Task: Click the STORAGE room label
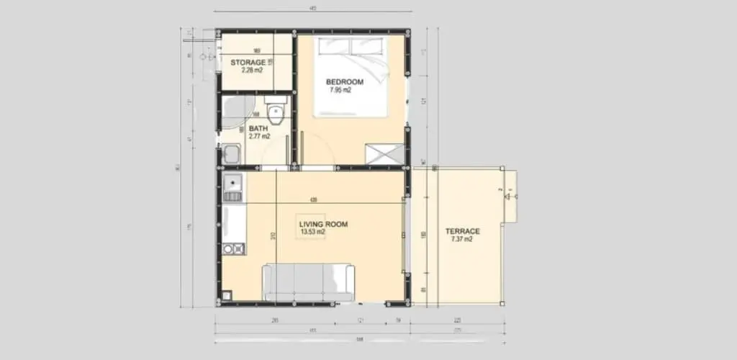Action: pos(247,63)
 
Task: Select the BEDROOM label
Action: pos(345,82)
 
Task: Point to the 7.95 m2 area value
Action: pos(340,91)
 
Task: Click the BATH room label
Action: pos(258,129)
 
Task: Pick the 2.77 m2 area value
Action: pos(259,137)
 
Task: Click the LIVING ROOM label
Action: pos(323,225)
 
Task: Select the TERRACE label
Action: pos(462,231)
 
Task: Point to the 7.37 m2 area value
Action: pos(461,239)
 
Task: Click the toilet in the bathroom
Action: pos(274,114)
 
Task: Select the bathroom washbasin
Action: pos(232,154)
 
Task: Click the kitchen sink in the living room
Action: pos(233,186)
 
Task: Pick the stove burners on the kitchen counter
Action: pos(233,249)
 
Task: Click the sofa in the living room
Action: pos(308,282)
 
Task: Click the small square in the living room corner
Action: pos(227,294)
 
